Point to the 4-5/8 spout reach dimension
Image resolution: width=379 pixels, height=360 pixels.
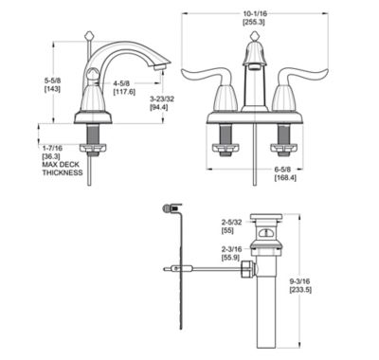coord(123,83)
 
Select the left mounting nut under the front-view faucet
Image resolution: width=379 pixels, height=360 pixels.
coord(228,145)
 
